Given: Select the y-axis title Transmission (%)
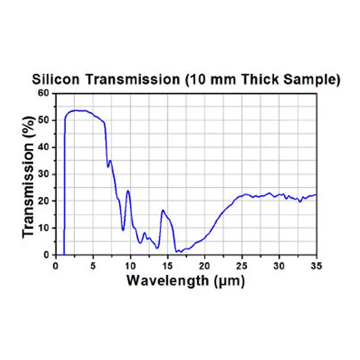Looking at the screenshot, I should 29,174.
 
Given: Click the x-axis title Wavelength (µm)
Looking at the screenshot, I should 185,280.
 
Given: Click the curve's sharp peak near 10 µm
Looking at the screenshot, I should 128,191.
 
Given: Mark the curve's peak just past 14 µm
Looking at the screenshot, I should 163,210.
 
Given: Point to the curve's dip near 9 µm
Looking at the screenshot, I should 123,230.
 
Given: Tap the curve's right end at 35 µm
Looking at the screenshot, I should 316,195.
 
